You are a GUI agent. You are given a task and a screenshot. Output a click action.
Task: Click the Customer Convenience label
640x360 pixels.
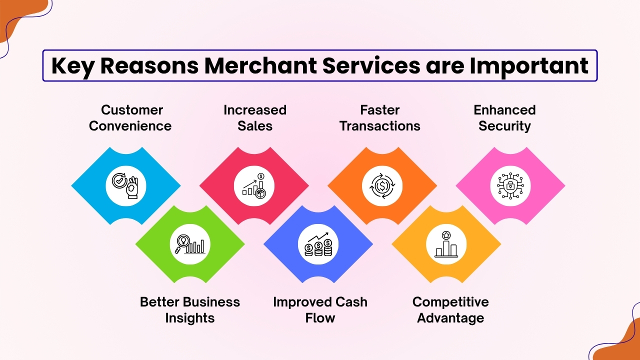click(130, 118)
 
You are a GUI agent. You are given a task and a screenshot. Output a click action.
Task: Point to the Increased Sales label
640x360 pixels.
click(255, 118)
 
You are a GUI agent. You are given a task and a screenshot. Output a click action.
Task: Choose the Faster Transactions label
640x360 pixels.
click(380, 118)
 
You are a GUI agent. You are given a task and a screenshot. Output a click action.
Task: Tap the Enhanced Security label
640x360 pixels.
click(504, 118)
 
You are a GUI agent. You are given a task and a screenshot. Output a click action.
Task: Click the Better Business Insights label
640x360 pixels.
click(190, 310)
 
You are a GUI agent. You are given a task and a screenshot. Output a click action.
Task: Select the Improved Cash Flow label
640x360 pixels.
click(320, 310)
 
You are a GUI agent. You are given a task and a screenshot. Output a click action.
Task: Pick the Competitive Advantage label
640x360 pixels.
click(450, 310)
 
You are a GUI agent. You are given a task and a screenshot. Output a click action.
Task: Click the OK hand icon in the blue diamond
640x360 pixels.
click(125, 186)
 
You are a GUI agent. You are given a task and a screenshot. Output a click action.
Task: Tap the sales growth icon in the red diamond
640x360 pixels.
click(254, 186)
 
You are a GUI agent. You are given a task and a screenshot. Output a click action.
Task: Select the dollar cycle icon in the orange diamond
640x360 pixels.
click(382, 186)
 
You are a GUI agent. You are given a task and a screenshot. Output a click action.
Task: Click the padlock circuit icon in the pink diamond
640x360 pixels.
click(510, 186)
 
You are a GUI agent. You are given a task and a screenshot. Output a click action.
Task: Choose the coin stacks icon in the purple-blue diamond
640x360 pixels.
click(318, 244)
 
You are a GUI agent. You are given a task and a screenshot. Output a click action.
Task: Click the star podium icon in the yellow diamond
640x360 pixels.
click(446, 244)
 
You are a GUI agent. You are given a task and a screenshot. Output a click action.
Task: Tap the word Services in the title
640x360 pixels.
click(371, 66)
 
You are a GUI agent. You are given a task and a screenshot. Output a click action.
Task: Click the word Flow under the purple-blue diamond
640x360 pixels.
click(320, 318)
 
